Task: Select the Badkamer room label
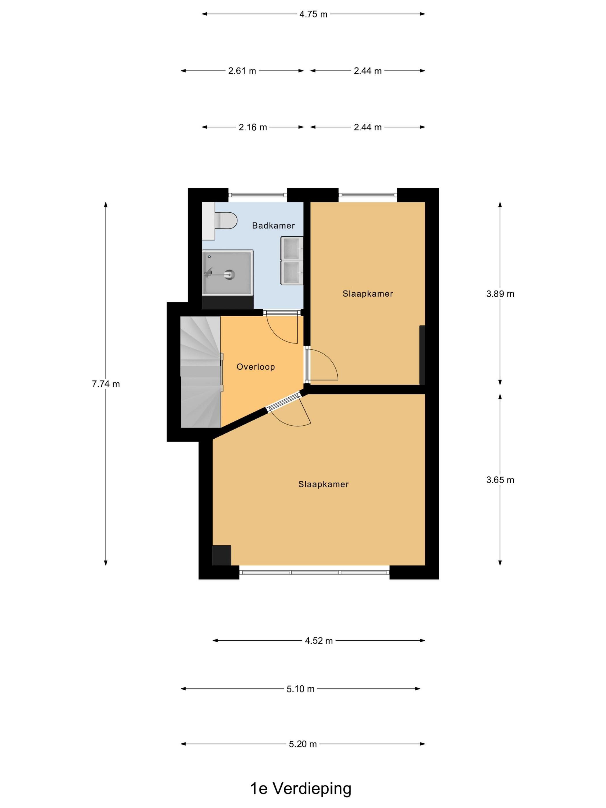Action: (x=273, y=225)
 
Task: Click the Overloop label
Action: (x=256, y=367)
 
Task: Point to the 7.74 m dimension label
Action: (x=106, y=384)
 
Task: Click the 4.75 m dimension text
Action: (x=313, y=14)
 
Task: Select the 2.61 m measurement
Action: (x=242, y=71)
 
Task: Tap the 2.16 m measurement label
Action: (x=253, y=127)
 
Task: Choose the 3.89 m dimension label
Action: (x=500, y=294)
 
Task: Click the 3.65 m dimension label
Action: (x=500, y=480)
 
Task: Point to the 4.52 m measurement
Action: (x=319, y=641)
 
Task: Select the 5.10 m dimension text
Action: (x=301, y=689)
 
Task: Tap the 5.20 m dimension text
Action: (x=303, y=744)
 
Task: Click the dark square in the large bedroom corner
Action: (x=222, y=555)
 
